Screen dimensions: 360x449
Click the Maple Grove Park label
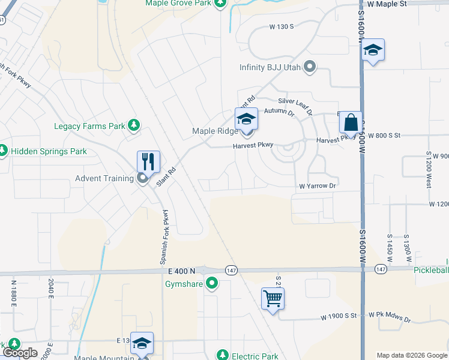coord(178,3)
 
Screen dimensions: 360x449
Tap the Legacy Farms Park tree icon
coord(135,125)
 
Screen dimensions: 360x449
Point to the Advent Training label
coord(104,178)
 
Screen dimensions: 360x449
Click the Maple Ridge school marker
coord(246,118)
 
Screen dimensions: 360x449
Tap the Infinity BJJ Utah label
coord(271,67)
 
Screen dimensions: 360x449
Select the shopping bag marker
coord(351,122)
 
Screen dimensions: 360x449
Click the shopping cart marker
coord(273,298)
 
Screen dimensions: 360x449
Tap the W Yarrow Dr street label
coord(318,186)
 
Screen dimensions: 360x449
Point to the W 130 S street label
coord(282,27)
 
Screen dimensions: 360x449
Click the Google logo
coord(20,353)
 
